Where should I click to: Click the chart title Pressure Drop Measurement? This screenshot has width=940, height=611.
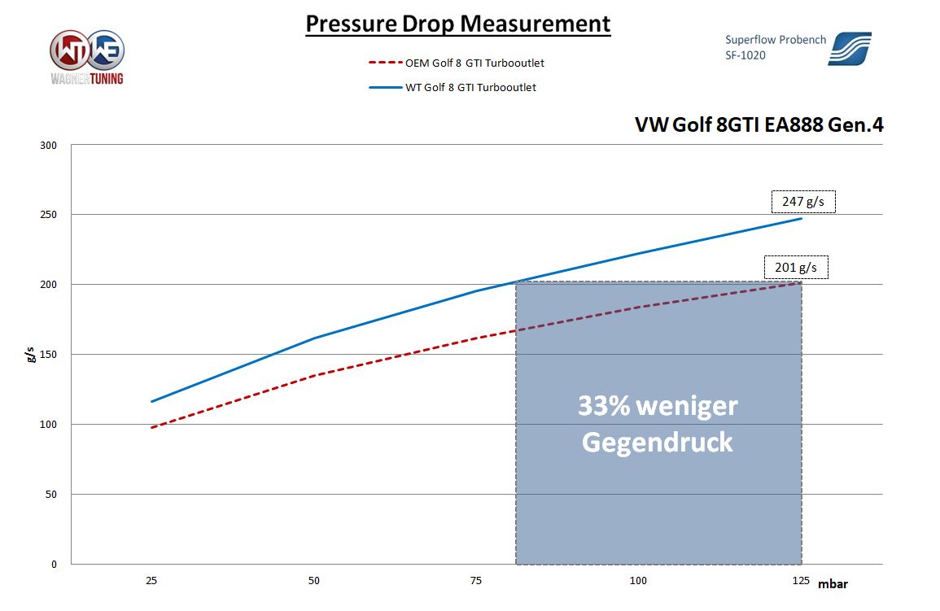457,24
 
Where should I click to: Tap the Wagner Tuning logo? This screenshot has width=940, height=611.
87,56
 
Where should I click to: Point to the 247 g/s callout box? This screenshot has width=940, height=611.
803,201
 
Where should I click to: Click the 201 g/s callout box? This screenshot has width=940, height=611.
795,268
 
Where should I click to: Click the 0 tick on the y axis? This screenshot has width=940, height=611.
55,565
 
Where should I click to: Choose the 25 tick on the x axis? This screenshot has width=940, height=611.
151,581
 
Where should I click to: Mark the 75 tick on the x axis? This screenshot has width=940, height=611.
476,581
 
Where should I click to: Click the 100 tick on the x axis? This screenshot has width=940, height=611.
638,581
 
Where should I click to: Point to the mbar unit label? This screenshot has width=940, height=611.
837,583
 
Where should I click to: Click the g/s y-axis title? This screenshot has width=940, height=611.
31,355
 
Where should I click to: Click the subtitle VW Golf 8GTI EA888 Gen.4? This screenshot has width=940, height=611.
759,125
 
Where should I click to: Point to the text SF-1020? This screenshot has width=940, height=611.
745,55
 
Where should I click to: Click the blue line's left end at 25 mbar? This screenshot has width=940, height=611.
152,401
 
